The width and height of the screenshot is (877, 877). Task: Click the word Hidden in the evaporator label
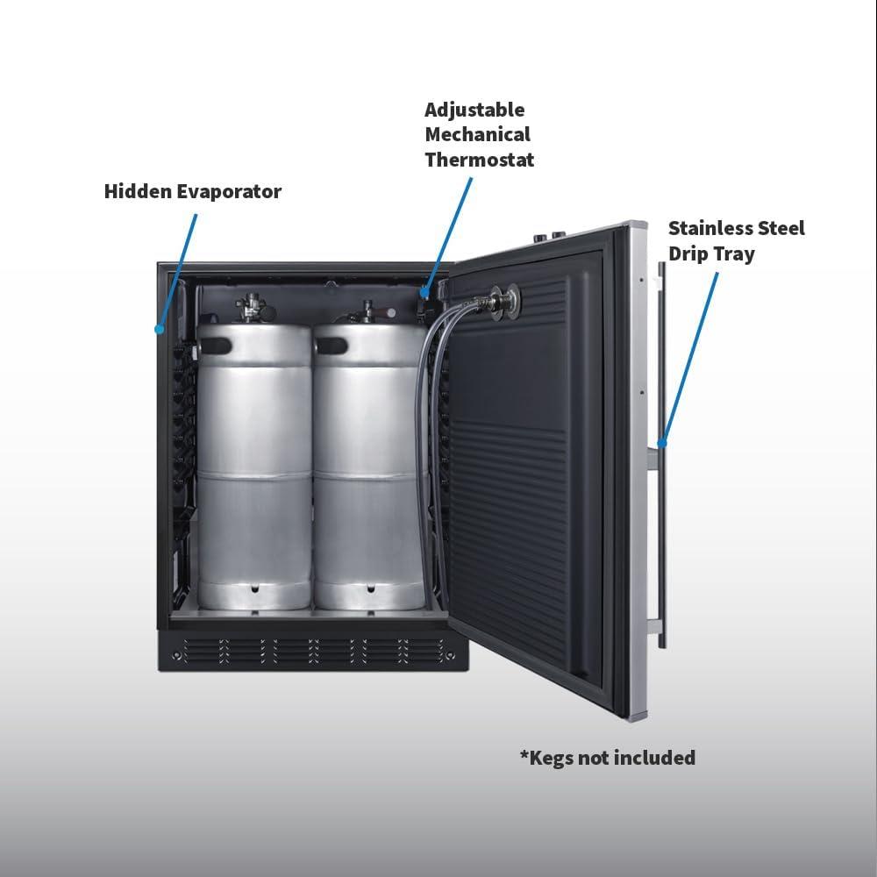click(x=138, y=191)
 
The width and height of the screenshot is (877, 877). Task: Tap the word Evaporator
click(x=229, y=191)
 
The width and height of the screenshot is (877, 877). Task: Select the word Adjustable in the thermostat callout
click(x=474, y=111)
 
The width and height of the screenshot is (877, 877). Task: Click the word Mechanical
click(x=477, y=134)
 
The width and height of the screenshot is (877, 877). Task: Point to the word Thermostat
click(x=480, y=160)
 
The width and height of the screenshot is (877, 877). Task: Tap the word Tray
click(x=734, y=254)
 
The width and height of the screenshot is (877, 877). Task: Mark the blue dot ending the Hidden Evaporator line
click(x=160, y=330)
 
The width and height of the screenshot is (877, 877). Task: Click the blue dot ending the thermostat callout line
click(x=425, y=291)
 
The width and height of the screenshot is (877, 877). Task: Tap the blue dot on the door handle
click(x=661, y=443)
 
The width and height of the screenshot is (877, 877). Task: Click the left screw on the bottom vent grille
click(x=177, y=655)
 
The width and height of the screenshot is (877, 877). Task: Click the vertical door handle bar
click(x=661, y=455)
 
